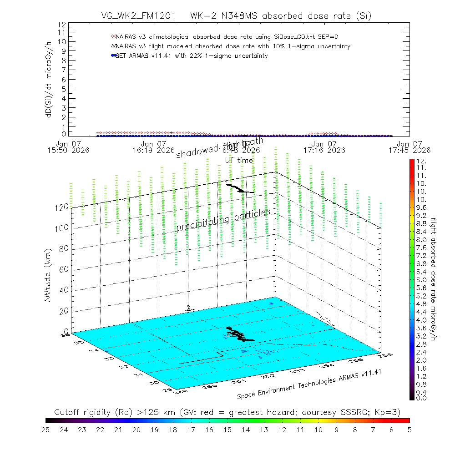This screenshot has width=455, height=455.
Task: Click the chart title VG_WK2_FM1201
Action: (136, 16)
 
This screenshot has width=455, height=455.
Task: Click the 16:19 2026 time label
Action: (153, 150)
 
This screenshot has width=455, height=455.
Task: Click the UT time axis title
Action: (239, 160)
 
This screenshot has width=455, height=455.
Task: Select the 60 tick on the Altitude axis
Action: (63, 269)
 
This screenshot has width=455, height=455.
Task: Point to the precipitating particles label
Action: (223, 220)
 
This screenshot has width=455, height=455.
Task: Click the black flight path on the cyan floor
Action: (237, 333)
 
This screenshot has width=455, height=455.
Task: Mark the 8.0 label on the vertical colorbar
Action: (420, 239)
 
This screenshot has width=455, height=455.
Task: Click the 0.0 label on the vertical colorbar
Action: (420, 398)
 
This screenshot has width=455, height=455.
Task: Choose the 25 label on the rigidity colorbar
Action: (46, 429)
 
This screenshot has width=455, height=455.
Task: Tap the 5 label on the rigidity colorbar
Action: (409, 429)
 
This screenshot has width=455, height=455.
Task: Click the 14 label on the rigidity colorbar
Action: (246, 429)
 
